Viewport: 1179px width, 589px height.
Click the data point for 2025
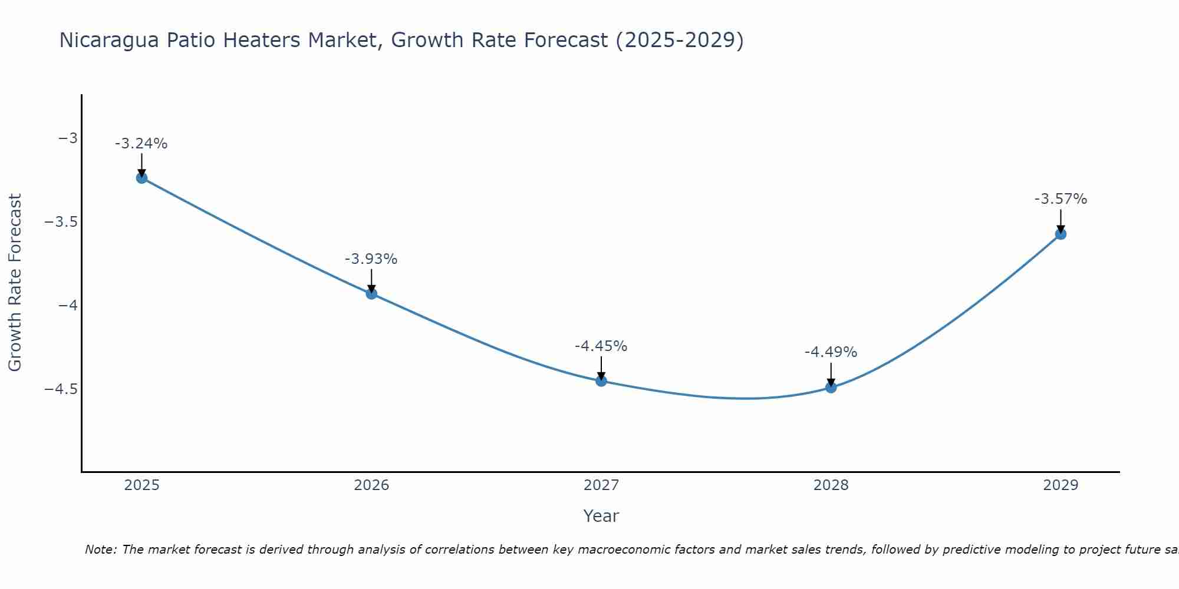point(141,178)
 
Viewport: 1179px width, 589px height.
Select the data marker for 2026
point(371,293)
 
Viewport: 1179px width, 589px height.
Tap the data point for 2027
point(601,381)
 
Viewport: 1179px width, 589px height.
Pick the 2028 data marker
point(831,388)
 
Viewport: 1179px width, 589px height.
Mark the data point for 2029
point(1061,234)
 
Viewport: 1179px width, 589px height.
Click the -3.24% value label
point(141,144)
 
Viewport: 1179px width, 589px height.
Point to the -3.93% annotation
point(371,259)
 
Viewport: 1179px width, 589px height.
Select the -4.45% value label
point(601,346)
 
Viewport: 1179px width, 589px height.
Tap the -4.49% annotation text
point(831,352)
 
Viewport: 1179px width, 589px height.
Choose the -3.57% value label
point(1061,199)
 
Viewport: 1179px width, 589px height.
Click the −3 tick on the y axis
point(68,138)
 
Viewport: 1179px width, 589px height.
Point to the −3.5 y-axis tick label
point(61,222)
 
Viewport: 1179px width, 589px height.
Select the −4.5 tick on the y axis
point(61,389)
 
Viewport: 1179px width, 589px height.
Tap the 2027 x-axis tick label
point(601,485)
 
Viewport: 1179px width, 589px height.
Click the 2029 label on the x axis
point(1061,485)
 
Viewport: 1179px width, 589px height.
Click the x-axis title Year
point(601,517)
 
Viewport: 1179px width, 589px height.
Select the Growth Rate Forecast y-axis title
point(15,283)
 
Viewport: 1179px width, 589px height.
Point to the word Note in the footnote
point(100,550)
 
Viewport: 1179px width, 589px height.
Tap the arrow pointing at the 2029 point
point(1061,220)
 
